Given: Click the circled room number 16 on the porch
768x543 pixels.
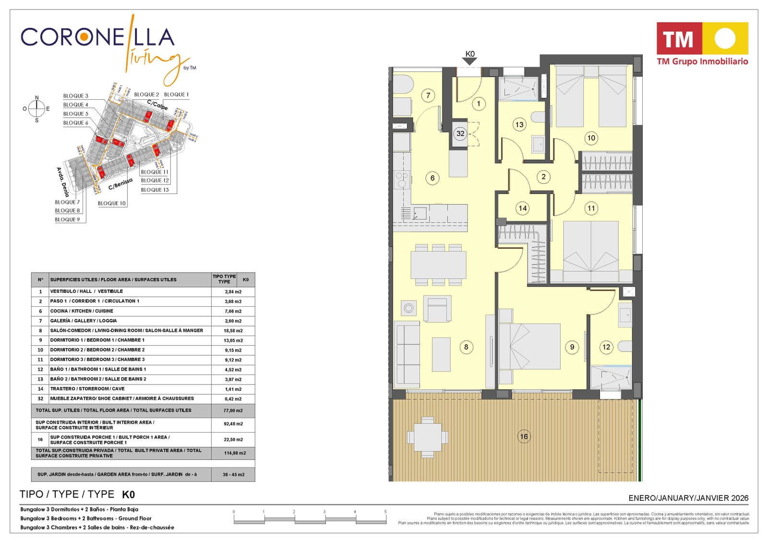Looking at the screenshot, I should (x=524, y=436).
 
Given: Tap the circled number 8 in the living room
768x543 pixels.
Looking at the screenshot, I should (x=466, y=347).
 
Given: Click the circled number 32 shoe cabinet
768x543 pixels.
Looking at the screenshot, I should (x=460, y=133).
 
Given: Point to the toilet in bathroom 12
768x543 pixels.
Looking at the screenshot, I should (x=625, y=346).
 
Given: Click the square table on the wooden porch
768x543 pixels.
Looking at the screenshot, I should (x=427, y=437).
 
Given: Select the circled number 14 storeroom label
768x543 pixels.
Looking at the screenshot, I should (x=522, y=208).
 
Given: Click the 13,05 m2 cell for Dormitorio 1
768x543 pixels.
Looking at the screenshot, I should (x=233, y=340).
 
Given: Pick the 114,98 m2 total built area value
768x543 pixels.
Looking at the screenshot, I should (x=235, y=453).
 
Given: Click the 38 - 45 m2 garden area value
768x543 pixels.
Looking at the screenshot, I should (x=233, y=474).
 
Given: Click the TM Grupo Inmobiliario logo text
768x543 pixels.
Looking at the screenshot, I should (x=702, y=61).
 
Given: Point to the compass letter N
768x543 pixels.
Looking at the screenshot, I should (x=37, y=98).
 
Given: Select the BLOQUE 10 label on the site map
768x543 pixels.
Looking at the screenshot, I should (x=111, y=203).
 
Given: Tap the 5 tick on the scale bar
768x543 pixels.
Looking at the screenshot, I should (x=385, y=512).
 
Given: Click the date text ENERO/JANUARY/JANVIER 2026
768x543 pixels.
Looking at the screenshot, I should (x=688, y=498).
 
